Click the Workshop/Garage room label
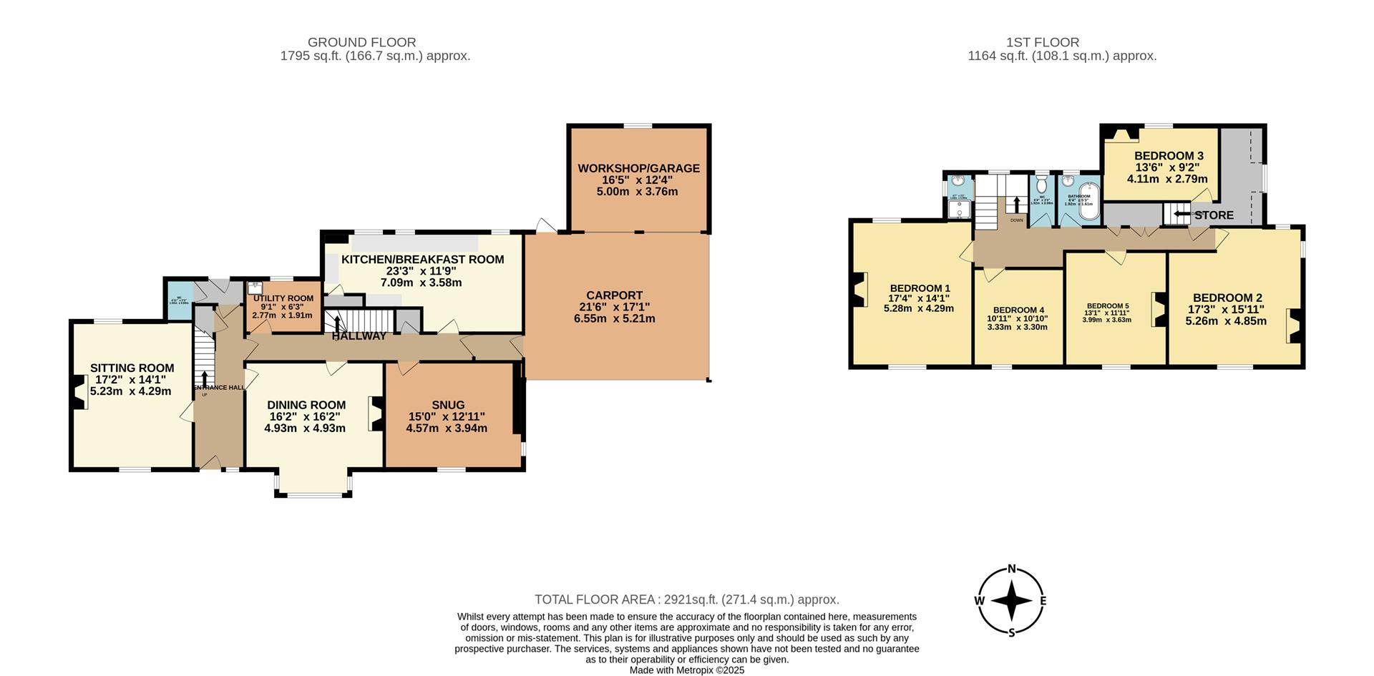pos(638,169)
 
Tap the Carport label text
pos(614,295)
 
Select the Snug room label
pos(448,405)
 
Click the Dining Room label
pos(306,405)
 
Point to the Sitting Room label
pos(132,368)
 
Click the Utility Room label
pos(283,298)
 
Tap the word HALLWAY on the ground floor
pos(359,336)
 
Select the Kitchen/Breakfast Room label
pos(422,260)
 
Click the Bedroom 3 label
pos(1169,156)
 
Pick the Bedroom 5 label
pos(1107,305)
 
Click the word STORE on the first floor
pos(1214,215)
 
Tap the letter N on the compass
pos(1012,569)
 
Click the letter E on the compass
pos(1043,601)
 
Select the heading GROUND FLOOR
pos(361,42)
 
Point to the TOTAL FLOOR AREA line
pos(686,599)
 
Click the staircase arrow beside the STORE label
pos(1181,213)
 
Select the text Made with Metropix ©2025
pos(686,670)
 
